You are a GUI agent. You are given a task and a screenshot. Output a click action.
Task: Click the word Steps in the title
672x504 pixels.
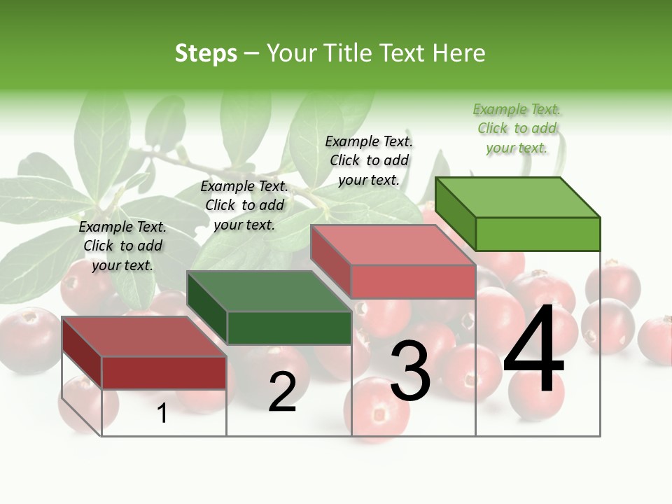206,53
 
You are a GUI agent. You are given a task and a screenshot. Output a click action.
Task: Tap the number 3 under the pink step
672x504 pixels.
409,372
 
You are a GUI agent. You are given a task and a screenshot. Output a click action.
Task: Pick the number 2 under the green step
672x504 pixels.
282,391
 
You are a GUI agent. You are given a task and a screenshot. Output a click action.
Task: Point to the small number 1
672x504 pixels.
162,414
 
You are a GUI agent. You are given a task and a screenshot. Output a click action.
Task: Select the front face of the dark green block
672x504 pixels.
289,328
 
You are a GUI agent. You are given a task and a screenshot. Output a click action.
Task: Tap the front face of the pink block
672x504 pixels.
413,281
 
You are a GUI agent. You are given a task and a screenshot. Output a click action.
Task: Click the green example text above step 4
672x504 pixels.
517,129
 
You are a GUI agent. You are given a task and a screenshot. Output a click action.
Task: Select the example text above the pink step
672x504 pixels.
369,160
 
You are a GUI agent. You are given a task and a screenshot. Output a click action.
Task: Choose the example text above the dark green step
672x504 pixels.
244,205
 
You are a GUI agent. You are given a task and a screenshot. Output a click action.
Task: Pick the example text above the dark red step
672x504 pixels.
122,246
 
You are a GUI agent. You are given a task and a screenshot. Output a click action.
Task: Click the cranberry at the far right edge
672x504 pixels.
657,341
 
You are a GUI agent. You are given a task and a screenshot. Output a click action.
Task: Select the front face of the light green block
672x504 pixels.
538,234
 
